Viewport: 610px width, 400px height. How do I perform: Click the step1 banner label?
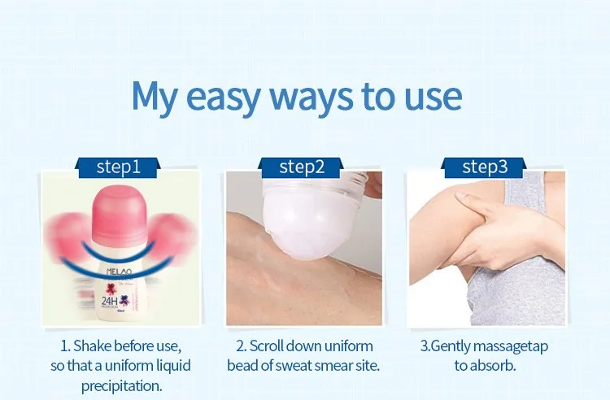[118, 167]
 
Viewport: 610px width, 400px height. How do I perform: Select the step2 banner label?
[301, 167]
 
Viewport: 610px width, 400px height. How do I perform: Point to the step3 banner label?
[485, 167]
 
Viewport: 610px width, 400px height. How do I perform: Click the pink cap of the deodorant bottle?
[120, 216]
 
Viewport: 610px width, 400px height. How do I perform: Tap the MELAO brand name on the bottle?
[119, 271]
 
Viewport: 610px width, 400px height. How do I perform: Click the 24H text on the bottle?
[109, 301]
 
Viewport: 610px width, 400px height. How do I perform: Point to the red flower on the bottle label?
[111, 289]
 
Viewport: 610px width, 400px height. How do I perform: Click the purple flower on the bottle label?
[124, 300]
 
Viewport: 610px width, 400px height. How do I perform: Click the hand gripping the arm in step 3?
[502, 230]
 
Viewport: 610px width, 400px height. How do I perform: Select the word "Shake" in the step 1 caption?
[93, 346]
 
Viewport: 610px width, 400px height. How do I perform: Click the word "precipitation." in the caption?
[121, 386]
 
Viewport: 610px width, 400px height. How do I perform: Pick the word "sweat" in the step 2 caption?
[294, 366]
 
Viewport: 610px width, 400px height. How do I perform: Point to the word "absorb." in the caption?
[494, 366]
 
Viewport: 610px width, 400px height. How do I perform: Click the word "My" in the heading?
[155, 98]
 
